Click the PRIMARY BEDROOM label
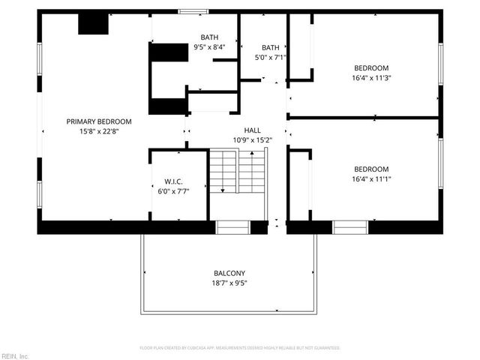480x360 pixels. tap(99, 121)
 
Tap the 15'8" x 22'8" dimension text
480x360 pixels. tap(99, 131)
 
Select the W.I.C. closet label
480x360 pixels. tap(174, 181)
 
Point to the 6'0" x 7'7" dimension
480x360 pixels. tap(174, 191)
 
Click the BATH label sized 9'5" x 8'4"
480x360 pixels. tap(209, 37)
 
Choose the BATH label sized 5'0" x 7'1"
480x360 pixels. tap(270, 46)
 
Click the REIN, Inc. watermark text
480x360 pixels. tap(15, 355)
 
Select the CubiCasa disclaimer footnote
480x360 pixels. tap(240, 348)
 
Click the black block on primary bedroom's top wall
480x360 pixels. tap(94, 24)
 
